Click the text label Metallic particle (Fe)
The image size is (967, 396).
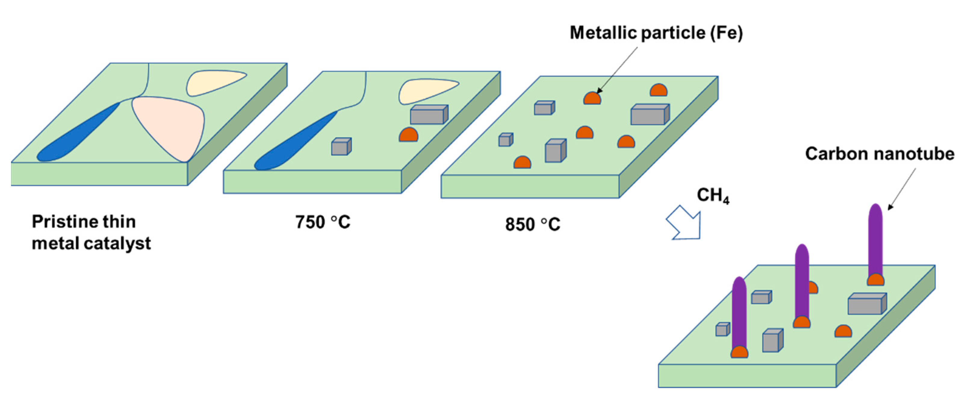click(x=656, y=33)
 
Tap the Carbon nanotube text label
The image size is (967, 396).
click(x=879, y=154)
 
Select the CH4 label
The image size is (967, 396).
click(x=712, y=195)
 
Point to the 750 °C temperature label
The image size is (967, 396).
click(x=322, y=222)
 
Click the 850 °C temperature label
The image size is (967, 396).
click(x=532, y=224)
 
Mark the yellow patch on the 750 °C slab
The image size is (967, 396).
click(x=424, y=90)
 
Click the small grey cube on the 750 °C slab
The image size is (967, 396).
click(x=341, y=147)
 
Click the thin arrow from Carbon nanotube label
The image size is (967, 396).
click(x=902, y=188)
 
